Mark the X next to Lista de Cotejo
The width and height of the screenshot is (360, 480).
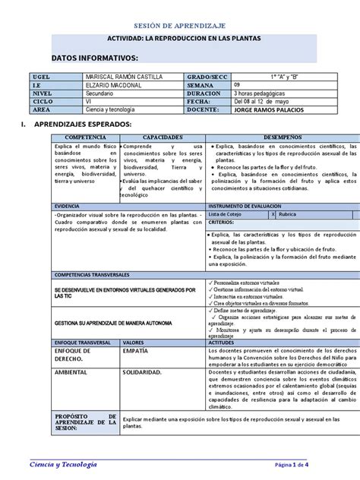[273, 215]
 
